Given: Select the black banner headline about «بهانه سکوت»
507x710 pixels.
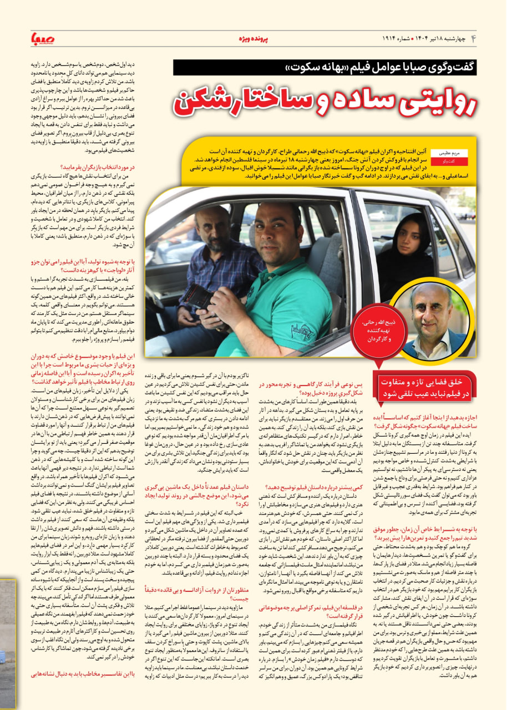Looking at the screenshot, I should click(325, 68).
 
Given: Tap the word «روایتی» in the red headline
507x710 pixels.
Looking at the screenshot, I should click(433, 103).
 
